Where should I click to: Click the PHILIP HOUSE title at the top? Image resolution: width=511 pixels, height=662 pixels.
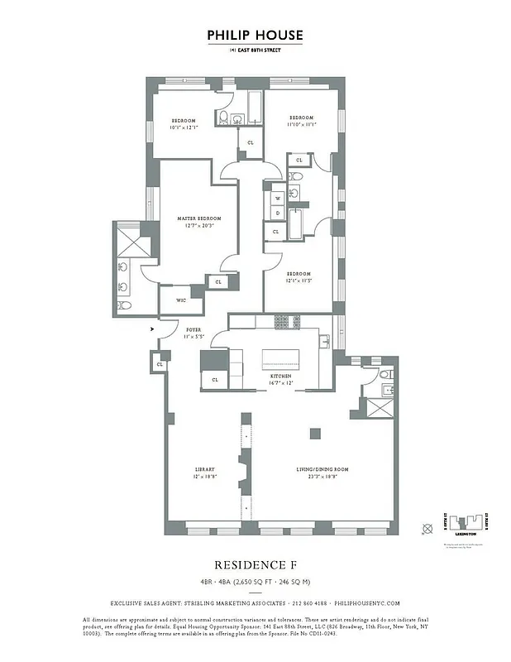click(255, 36)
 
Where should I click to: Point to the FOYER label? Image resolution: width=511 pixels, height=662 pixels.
click(193, 329)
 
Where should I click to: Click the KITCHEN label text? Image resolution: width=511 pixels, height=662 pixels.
click(282, 376)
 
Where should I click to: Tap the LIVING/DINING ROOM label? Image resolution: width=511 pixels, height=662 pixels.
click(322, 469)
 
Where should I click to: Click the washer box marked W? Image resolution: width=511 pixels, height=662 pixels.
click(277, 199)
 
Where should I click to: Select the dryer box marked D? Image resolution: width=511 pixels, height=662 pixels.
click(277, 213)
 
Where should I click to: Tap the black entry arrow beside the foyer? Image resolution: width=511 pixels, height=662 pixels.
click(151, 328)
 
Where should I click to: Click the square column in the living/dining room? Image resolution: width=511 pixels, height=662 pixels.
click(315, 433)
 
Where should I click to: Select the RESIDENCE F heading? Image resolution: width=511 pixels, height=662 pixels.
click(255, 565)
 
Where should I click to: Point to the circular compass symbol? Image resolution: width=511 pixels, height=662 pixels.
click(427, 527)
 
